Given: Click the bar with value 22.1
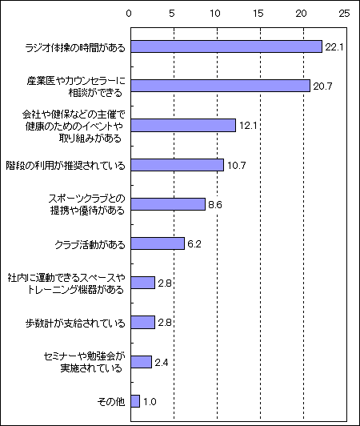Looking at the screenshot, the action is (226, 46).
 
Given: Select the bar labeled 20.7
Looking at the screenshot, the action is (221, 86).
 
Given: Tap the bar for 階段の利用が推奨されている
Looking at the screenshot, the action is (178, 165).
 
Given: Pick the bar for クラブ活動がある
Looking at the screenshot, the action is (158, 243).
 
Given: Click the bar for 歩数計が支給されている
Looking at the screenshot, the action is (143, 322).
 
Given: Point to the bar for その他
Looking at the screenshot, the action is (135, 401).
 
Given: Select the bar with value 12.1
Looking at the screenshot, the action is (183, 125).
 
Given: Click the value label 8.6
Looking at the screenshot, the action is (215, 204).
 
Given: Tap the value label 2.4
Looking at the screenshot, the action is (162, 363).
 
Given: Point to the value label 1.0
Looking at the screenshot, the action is (150, 401).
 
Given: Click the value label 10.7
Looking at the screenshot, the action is (237, 166).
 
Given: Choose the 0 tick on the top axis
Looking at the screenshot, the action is (129, 14).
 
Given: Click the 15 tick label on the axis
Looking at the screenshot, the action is (258, 14).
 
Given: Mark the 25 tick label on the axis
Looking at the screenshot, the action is (344, 14).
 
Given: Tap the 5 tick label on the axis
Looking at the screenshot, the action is (172, 14).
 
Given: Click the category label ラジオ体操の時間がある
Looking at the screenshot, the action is (75, 48).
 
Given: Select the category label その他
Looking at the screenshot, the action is (111, 401).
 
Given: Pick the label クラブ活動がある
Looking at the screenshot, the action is (90, 245).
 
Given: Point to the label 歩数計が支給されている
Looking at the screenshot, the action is (75, 324).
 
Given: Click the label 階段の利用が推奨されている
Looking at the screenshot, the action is (66, 166).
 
